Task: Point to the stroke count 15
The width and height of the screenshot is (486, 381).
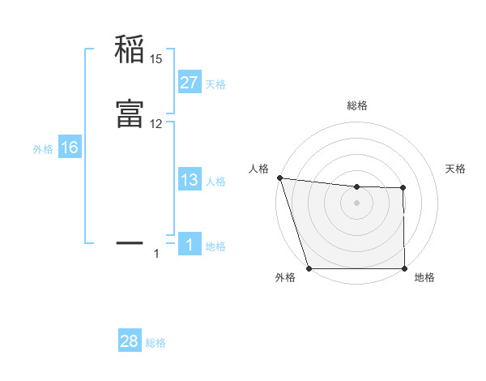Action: pyautogui.click(x=156, y=58)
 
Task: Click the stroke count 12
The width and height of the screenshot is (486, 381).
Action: pyautogui.click(x=156, y=123)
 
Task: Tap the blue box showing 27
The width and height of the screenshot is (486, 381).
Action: pyautogui.click(x=189, y=83)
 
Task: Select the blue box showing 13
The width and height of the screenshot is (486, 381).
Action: pyautogui.click(x=189, y=180)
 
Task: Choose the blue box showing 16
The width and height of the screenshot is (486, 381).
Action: pyautogui.click(x=69, y=148)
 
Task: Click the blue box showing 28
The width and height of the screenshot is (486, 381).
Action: pyautogui.click(x=130, y=341)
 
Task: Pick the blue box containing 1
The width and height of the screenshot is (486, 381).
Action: pyautogui.click(x=189, y=245)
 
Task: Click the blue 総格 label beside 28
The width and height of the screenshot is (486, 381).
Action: pyautogui.click(x=156, y=343)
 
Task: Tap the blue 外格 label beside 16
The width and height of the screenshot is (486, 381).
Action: pyautogui.click(x=42, y=149)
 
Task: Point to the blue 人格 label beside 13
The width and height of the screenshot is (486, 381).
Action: pyautogui.click(x=215, y=182)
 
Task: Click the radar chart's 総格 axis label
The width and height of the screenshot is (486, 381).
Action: pyautogui.click(x=356, y=105)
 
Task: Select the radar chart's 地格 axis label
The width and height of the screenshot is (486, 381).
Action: pyautogui.click(x=424, y=277)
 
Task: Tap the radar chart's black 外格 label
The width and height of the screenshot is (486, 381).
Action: pyautogui.click(x=285, y=277)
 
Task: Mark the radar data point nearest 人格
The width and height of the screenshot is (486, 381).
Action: pyautogui.click(x=279, y=178)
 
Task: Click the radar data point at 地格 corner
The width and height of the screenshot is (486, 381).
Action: pyautogui.click(x=404, y=268)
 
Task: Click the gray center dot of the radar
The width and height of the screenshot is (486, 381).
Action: pyautogui.click(x=356, y=203)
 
